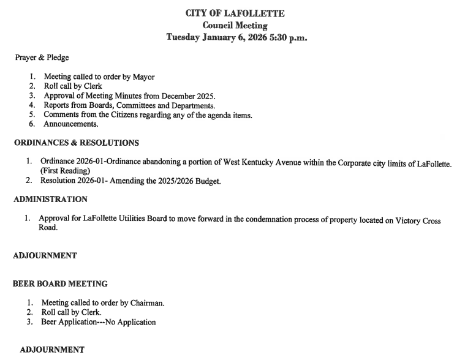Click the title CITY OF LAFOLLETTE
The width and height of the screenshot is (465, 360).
[x=235, y=13]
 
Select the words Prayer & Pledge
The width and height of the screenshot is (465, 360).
[x=42, y=58]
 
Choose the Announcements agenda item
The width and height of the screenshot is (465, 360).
[x=70, y=124]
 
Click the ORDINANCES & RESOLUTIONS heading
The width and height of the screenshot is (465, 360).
[x=76, y=143]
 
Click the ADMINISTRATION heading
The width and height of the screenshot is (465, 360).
[x=50, y=200]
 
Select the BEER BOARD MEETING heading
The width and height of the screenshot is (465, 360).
[x=60, y=284]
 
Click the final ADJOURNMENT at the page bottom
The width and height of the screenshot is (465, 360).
[x=52, y=350]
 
